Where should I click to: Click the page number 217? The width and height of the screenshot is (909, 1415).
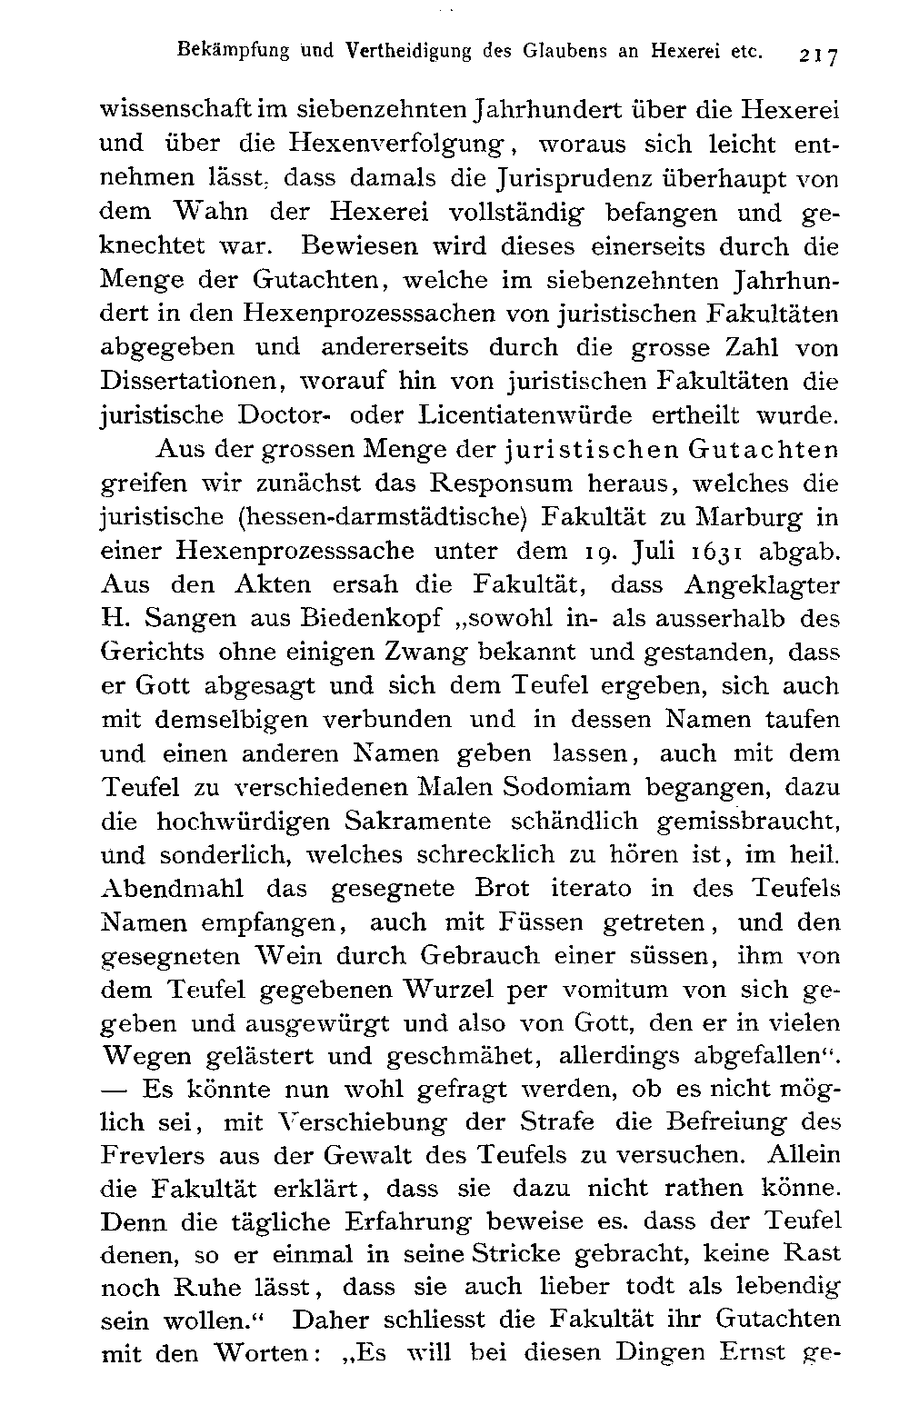pos(818,55)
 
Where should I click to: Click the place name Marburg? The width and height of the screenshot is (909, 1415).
pos(750,517)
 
